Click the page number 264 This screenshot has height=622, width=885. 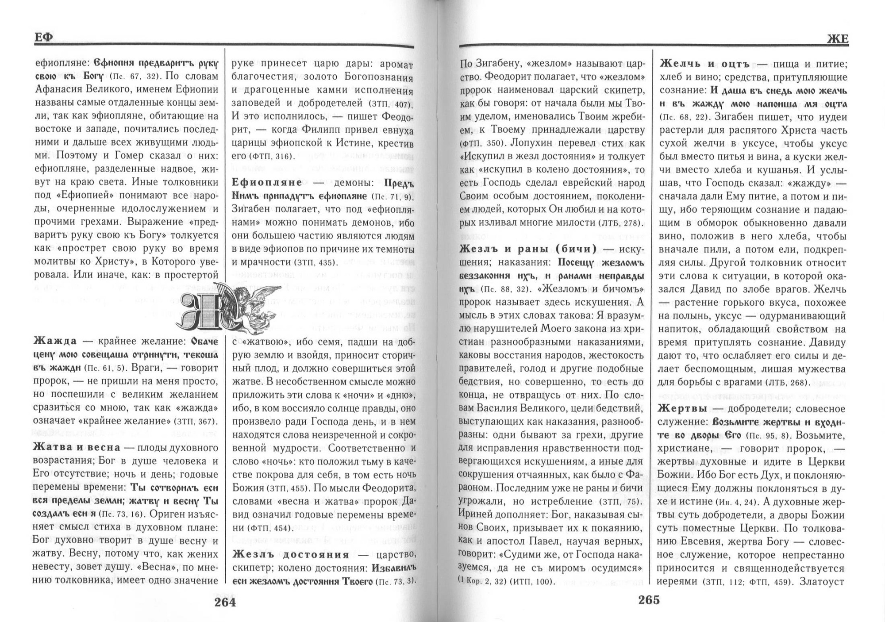pyautogui.click(x=225, y=603)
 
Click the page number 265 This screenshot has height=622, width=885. pyautogui.click(x=649, y=600)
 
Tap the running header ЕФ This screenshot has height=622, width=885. pyautogui.click(x=43, y=38)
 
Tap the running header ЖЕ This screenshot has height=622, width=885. pyautogui.click(x=838, y=40)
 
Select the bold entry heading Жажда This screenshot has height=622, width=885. pyautogui.click(x=55, y=341)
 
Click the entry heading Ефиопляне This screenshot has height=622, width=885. pyautogui.click(x=267, y=182)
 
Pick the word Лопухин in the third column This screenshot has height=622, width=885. pyautogui.click(x=531, y=143)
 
